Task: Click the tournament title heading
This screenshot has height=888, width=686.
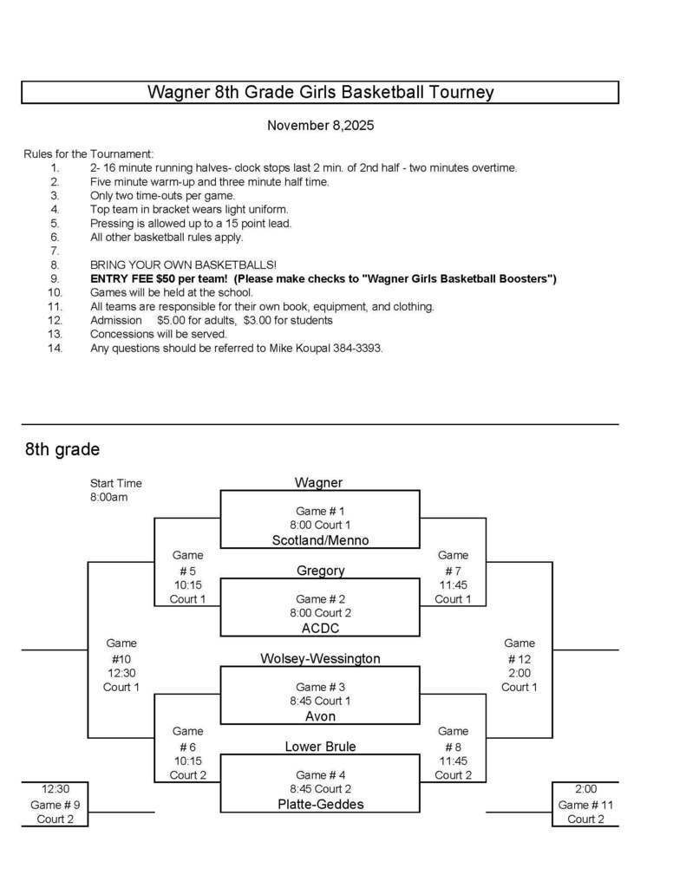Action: tap(320, 92)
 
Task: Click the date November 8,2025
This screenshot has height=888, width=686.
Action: tap(320, 126)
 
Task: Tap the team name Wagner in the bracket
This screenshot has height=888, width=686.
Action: tap(318, 482)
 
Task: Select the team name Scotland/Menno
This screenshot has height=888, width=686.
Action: tap(320, 540)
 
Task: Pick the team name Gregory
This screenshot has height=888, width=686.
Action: tap(320, 571)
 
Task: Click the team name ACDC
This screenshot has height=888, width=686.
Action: tap(320, 628)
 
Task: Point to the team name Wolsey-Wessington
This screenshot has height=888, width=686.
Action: tap(320, 658)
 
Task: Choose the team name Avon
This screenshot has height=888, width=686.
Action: tap(320, 716)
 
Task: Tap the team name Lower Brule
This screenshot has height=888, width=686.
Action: tap(320, 747)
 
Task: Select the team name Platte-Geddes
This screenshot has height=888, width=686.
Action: tap(320, 804)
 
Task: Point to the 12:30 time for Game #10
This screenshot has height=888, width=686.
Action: tap(121, 673)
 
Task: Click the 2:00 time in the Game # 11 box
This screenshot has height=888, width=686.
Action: tap(585, 789)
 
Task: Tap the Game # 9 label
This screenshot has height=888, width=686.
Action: tap(54, 804)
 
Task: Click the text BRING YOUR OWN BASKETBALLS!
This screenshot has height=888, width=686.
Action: tap(183, 264)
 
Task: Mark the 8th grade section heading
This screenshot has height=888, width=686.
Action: tap(62, 449)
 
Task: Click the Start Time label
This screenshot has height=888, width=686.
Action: tap(115, 483)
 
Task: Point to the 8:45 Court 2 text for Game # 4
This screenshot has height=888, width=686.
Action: tap(320, 789)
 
